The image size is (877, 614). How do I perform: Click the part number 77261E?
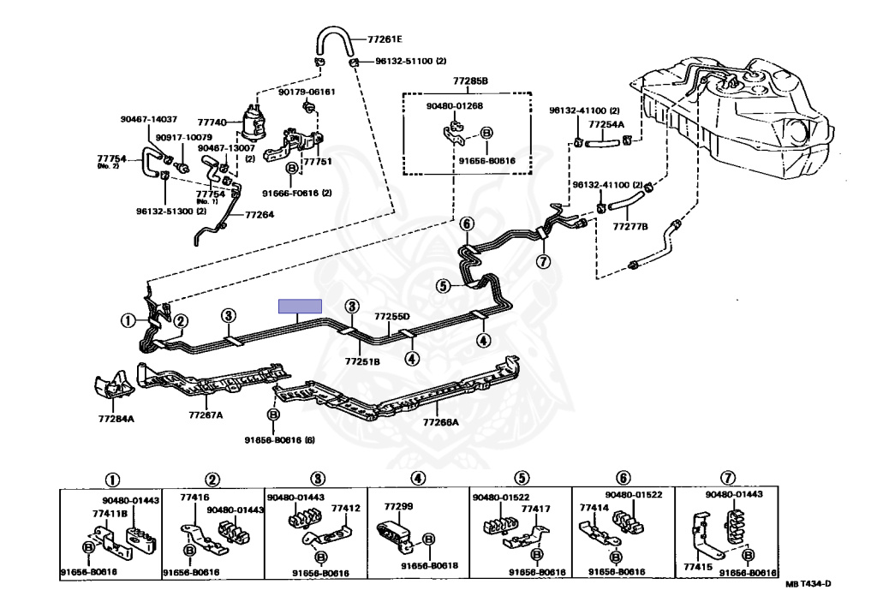385,39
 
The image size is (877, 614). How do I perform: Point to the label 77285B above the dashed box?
470,81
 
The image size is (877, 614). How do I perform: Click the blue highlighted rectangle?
301,306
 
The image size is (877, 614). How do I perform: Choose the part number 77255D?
391,317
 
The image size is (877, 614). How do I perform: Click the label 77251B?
362,361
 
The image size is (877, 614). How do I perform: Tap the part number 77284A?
116,418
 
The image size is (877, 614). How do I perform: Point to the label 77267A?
206,415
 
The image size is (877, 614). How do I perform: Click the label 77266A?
440,422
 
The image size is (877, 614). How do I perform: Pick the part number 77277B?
630,226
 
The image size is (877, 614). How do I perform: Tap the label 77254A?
606,125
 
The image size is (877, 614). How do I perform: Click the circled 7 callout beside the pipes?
543,260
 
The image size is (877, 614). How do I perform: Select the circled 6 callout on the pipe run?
467,224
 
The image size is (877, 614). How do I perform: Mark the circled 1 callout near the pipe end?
128,320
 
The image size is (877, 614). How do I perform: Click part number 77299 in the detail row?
398,507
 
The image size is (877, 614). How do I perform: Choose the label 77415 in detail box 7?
697,566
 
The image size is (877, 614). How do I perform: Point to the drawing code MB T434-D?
808,584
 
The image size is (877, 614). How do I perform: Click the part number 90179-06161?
307,92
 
